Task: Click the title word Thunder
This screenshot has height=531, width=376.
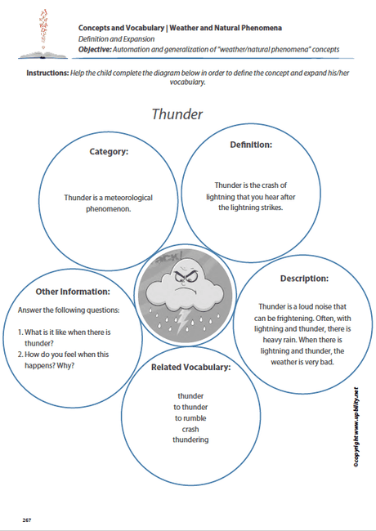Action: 177,114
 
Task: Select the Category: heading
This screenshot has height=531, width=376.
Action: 109,150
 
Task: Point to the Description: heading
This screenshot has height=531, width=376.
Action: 303,278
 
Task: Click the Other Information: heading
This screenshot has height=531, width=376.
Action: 72,292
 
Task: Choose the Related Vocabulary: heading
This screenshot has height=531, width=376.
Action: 190,367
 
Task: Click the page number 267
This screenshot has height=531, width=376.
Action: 27,519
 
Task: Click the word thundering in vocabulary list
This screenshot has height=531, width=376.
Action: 190,440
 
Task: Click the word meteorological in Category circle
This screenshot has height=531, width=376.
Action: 124,197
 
